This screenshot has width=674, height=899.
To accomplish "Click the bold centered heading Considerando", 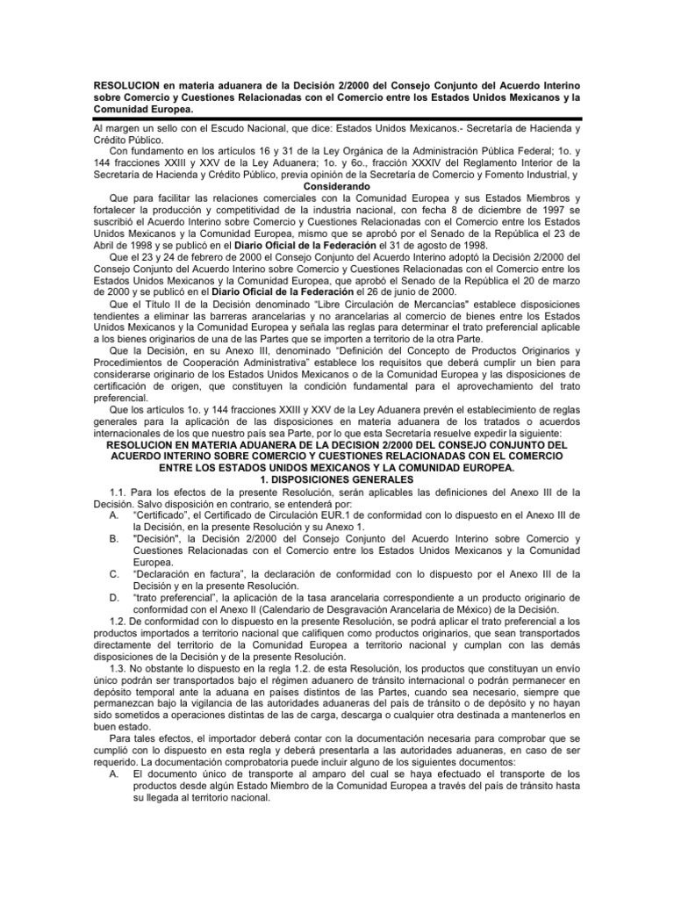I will click(337, 187).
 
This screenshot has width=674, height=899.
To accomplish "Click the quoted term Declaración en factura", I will click(187, 573).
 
